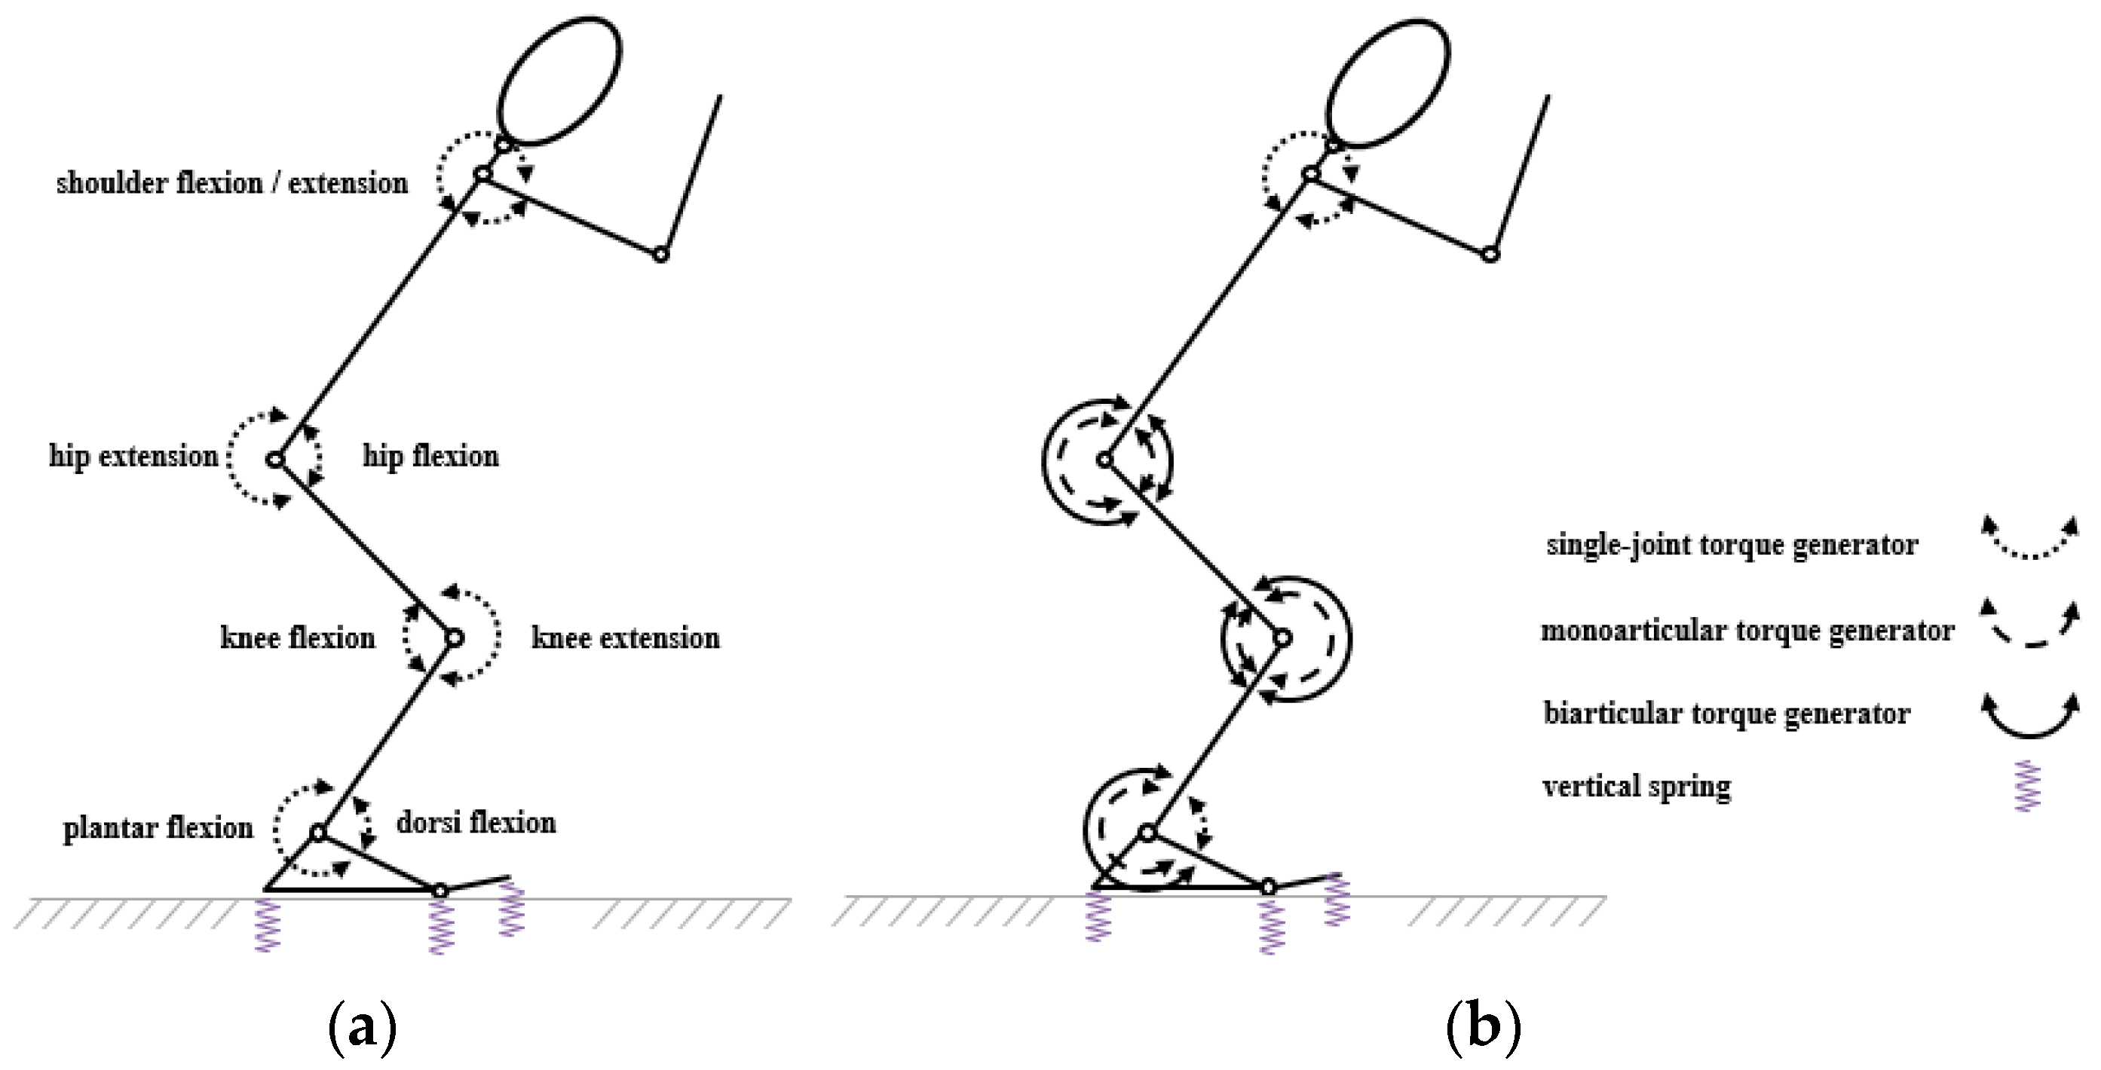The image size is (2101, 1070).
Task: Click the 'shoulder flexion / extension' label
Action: click(231, 182)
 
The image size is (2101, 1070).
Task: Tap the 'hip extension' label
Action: click(133, 455)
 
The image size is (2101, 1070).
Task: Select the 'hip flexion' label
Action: click(430, 455)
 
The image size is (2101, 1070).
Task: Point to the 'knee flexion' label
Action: click(298, 637)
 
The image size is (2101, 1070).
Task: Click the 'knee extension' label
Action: click(626, 637)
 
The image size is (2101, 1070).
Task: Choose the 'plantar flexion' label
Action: click(158, 828)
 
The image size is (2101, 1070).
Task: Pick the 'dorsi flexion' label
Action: click(476, 822)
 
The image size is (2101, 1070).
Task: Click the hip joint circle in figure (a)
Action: click(275, 460)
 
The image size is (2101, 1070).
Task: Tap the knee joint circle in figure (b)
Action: click(1282, 637)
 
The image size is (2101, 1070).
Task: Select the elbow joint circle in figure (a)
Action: click(661, 255)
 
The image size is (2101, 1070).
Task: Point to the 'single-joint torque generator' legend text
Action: click(1732, 544)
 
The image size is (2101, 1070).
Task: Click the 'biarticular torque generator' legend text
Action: click(1726, 713)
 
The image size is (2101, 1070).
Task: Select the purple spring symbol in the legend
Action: click(2028, 786)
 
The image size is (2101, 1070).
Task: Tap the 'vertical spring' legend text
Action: click(1637, 786)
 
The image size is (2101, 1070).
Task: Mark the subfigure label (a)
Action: click(361, 1028)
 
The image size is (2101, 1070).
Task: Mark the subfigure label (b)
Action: click(1483, 1028)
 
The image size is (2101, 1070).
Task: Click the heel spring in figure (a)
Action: click(268, 925)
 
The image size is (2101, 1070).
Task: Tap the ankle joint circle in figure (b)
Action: click(1147, 833)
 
